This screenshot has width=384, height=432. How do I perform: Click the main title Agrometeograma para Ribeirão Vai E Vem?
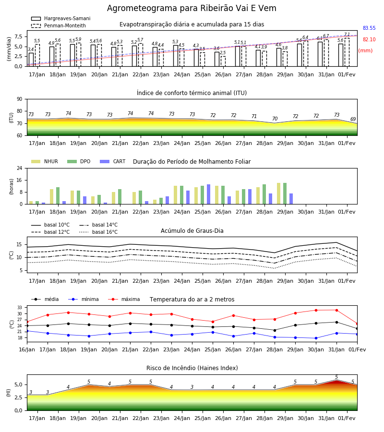tap(192, 8)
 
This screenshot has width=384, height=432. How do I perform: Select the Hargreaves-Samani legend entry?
tap(60, 18)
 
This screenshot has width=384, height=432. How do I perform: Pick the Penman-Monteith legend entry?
tap(59, 25)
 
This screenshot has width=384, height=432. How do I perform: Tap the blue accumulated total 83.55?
tap(369, 28)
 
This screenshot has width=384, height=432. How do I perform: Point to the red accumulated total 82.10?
tap(369, 39)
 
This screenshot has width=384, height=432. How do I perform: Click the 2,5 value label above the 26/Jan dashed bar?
tap(223, 53)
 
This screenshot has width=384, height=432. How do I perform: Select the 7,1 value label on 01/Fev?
tap(347, 35)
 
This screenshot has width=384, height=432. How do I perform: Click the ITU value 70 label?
tap(275, 119)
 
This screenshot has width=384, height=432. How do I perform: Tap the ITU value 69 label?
tap(353, 120)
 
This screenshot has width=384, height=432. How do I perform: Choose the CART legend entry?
tap(113, 161)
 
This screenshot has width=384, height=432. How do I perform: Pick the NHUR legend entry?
tap(45, 161)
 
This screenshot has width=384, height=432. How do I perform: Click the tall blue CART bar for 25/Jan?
tap(208, 194)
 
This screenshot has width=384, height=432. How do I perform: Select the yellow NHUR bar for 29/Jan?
tap(279, 193)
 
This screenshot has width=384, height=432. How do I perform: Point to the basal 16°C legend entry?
tap(98, 232)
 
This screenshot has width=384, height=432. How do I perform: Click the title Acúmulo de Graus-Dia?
tap(192, 230)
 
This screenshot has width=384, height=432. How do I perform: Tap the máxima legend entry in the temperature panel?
tap(124, 299)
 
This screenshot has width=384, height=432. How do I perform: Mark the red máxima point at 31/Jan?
tap(336, 310)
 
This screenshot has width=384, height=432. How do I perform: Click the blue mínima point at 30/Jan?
tap(316, 338)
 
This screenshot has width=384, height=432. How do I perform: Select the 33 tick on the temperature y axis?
tap(22, 308)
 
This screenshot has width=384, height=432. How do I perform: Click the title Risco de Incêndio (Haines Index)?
tap(192, 368)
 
